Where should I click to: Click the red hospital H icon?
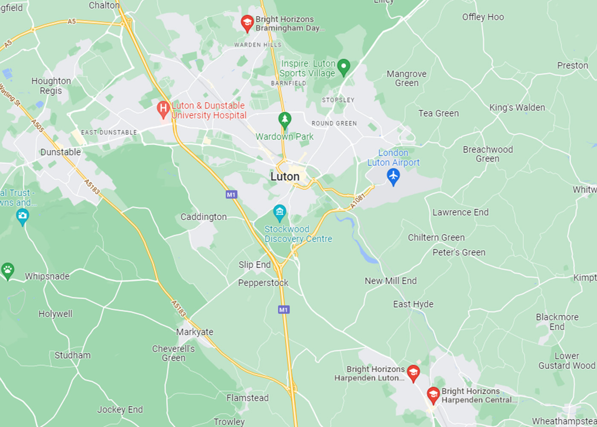163,109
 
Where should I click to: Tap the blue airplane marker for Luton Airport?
393,175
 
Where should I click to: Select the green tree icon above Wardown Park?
284,120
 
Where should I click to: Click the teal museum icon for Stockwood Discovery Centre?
279,212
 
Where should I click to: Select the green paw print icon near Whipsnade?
7,270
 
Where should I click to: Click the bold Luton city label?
285,176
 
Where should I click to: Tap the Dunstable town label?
61,152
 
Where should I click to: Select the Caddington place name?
203,217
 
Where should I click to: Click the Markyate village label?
194,332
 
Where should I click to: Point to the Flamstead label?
247,398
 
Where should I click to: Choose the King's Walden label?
517,108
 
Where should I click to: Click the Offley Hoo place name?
483,17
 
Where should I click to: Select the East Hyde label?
413,304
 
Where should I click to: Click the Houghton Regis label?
51,86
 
